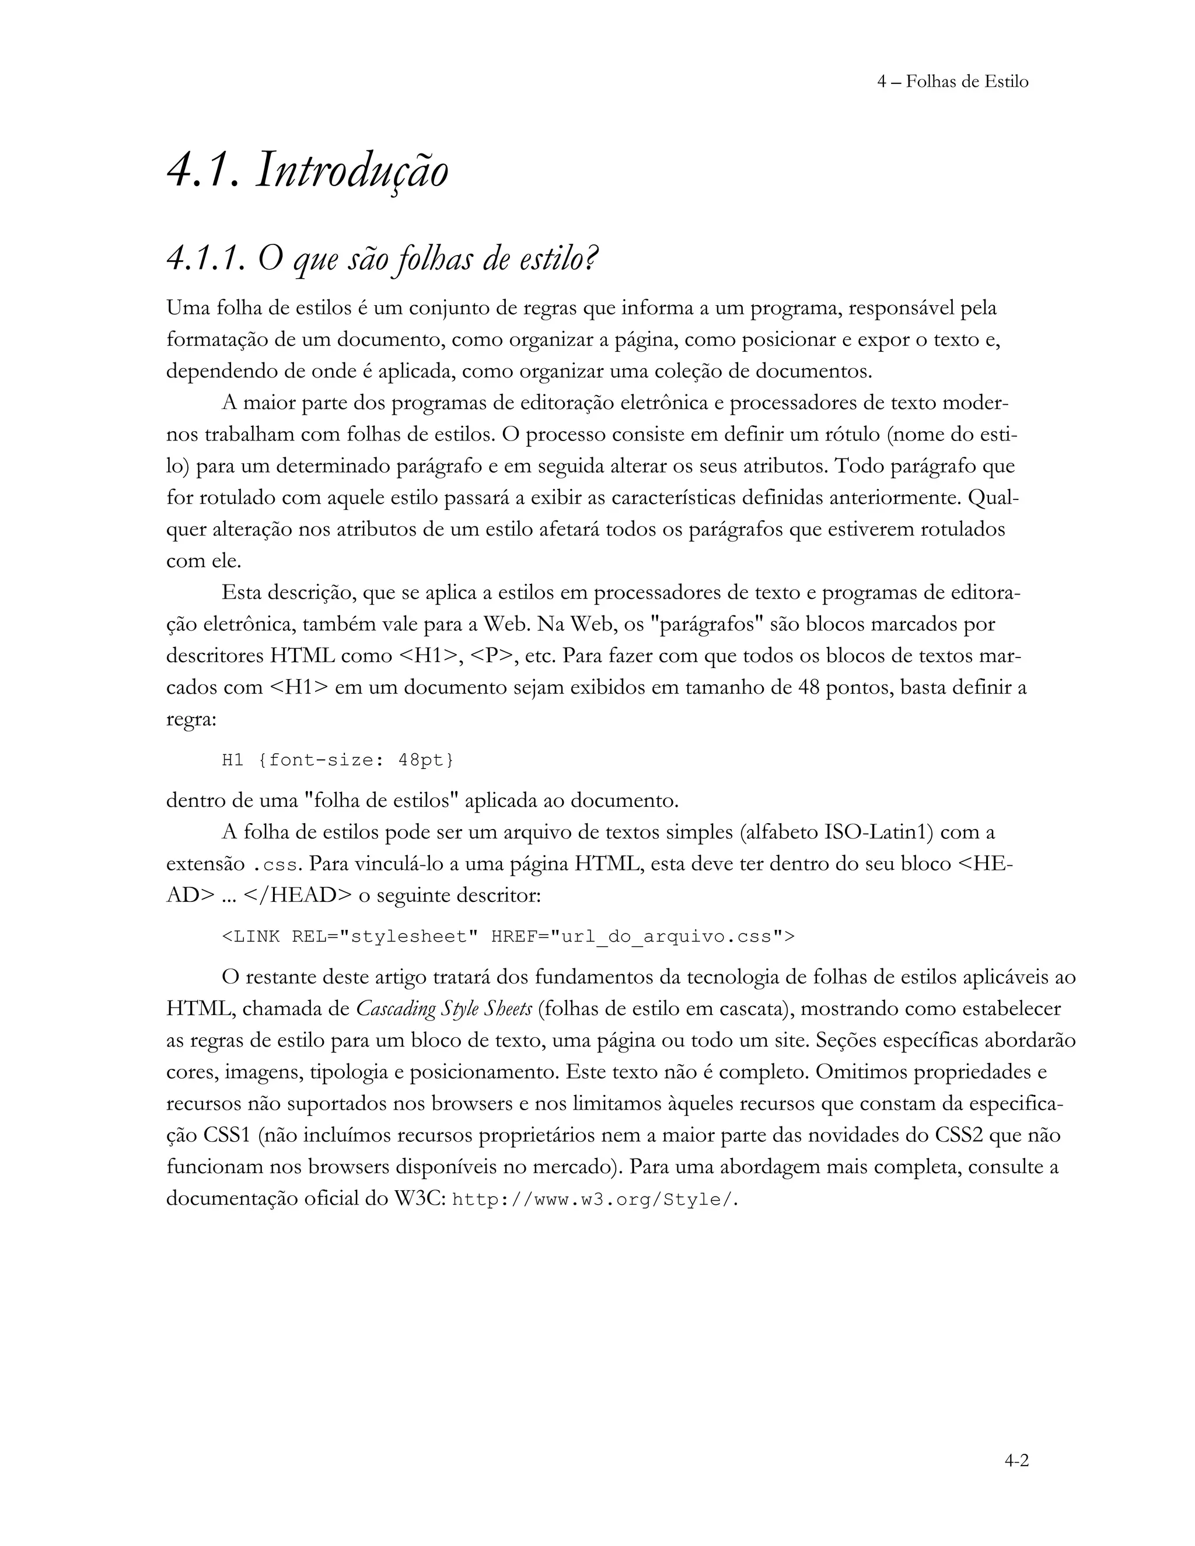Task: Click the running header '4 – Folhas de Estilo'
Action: (952, 82)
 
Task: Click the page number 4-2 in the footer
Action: (1016, 1460)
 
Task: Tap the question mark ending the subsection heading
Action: (593, 259)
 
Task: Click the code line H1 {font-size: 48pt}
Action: (338, 760)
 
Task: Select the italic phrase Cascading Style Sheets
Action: (444, 1009)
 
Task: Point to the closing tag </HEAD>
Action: (298, 896)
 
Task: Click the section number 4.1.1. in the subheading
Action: (206, 259)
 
